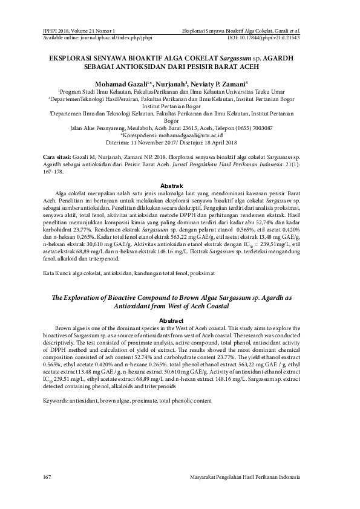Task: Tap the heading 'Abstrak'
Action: (180, 185)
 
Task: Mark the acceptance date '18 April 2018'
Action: (224, 145)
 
